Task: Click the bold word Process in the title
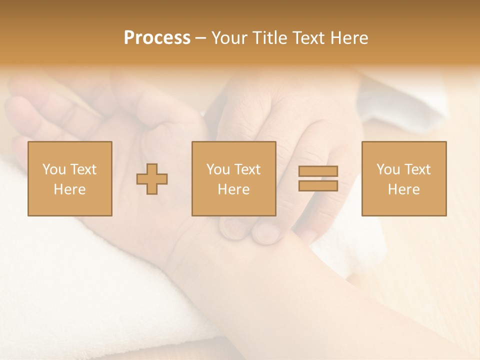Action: (157, 38)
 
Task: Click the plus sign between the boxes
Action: (152, 178)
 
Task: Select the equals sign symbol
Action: (318, 178)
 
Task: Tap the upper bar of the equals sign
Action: (318, 171)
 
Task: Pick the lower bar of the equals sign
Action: (318, 185)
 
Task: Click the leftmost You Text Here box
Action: (69, 178)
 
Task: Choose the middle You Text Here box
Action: (233, 178)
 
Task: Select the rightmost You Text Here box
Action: (403, 178)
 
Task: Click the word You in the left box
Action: (54, 169)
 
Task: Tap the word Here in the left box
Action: (69, 189)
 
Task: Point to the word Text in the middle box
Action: (247, 169)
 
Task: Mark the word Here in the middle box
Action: (233, 189)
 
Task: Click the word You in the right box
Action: (388, 169)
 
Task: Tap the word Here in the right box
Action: (403, 189)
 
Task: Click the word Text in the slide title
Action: (308, 38)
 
